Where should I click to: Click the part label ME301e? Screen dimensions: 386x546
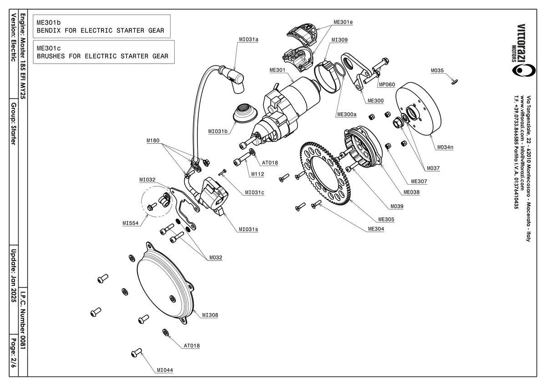[343, 22]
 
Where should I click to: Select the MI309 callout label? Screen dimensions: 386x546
[339, 40]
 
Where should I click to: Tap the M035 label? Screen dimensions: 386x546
[437, 70]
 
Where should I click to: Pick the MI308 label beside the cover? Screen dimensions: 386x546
[210, 315]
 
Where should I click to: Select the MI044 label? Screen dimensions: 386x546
[165, 370]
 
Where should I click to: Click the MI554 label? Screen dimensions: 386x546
[131, 223]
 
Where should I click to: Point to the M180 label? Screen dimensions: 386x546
[153, 141]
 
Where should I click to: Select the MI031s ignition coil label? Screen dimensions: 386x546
[248, 229]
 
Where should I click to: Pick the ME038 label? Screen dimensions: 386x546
[412, 192]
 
